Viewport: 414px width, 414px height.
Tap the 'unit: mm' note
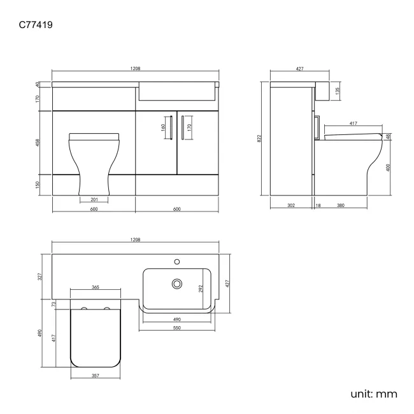tap(374, 394)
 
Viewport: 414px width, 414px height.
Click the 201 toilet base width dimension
tap(94, 199)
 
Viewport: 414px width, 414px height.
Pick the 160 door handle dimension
tap(163, 126)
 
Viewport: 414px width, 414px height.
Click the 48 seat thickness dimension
tap(388, 136)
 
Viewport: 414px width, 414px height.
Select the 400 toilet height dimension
tap(388, 168)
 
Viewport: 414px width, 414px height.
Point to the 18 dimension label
tap(317, 206)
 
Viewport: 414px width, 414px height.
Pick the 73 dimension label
tap(55, 304)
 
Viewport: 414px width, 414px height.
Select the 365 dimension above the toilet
tap(95, 288)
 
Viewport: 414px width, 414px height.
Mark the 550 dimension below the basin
tap(177, 327)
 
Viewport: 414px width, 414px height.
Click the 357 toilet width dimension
tap(95, 376)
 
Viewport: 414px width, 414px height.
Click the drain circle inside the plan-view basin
tap(176, 283)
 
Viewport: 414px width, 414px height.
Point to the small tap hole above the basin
tap(177, 261)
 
